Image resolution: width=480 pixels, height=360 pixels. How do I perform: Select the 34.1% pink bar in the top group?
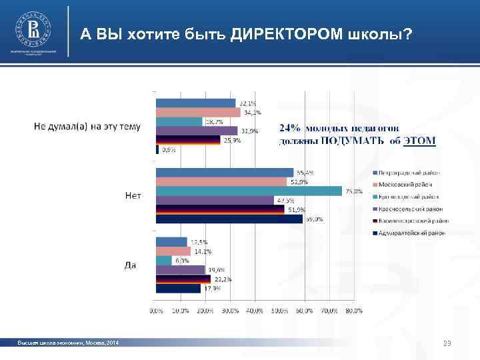tap(197, 112)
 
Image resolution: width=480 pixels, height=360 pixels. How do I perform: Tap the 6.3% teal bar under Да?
tap(163, 261)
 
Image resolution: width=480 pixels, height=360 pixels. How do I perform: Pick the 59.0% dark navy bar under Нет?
tap(229, 219)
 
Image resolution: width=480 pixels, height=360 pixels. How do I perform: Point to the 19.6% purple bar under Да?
tap(180, 270)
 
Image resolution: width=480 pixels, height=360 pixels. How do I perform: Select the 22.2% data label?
tap(223, 279)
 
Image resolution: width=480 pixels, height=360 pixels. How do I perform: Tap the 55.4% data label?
tap(305, 173)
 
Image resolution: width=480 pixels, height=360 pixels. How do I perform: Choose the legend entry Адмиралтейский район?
tap(410, 233)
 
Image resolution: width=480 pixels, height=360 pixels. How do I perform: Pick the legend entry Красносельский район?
tap(410, 209)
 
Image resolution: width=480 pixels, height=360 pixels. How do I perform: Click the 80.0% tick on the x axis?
tap(354, 311)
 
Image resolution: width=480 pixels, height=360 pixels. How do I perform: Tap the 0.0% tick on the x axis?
tap(155, 311)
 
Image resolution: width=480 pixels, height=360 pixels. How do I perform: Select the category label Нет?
tap(133, 195)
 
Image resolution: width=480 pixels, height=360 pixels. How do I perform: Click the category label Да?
tap(131, 265)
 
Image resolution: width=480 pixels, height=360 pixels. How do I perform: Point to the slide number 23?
tap(447, 343)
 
